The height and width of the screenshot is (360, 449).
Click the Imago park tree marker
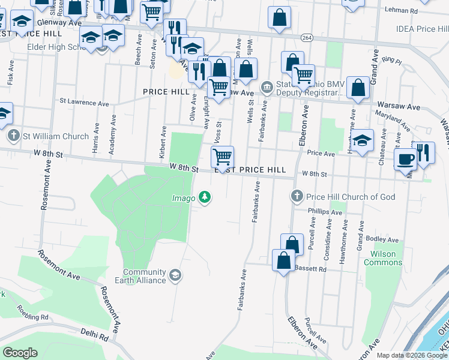205,197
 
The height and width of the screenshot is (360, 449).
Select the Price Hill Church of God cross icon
296,196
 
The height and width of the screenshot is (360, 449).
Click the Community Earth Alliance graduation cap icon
175,275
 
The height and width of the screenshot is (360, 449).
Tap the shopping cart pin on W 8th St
222,157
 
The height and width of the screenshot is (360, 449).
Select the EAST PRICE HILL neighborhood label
250,170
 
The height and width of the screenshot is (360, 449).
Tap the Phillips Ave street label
325,211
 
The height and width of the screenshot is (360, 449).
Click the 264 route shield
307,38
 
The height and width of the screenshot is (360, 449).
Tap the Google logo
20,353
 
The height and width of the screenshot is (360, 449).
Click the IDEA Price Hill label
421,29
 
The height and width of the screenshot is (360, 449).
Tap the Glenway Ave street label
59,22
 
